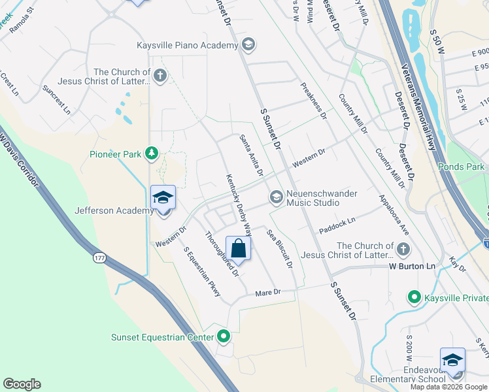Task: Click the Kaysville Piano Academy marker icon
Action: coord(248,45)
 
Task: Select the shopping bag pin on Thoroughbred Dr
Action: coord(239,249)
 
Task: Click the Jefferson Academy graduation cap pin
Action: coord(163,198)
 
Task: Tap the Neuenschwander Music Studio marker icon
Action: coord(276,197)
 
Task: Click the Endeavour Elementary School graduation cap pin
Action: coord(452,361)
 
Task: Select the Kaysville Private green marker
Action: coord(414,298)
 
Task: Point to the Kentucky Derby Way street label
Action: coord(239,205)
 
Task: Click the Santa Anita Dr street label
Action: coord(251,155)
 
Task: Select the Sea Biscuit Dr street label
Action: coord(278,249)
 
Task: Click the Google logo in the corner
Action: coord(22,384)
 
